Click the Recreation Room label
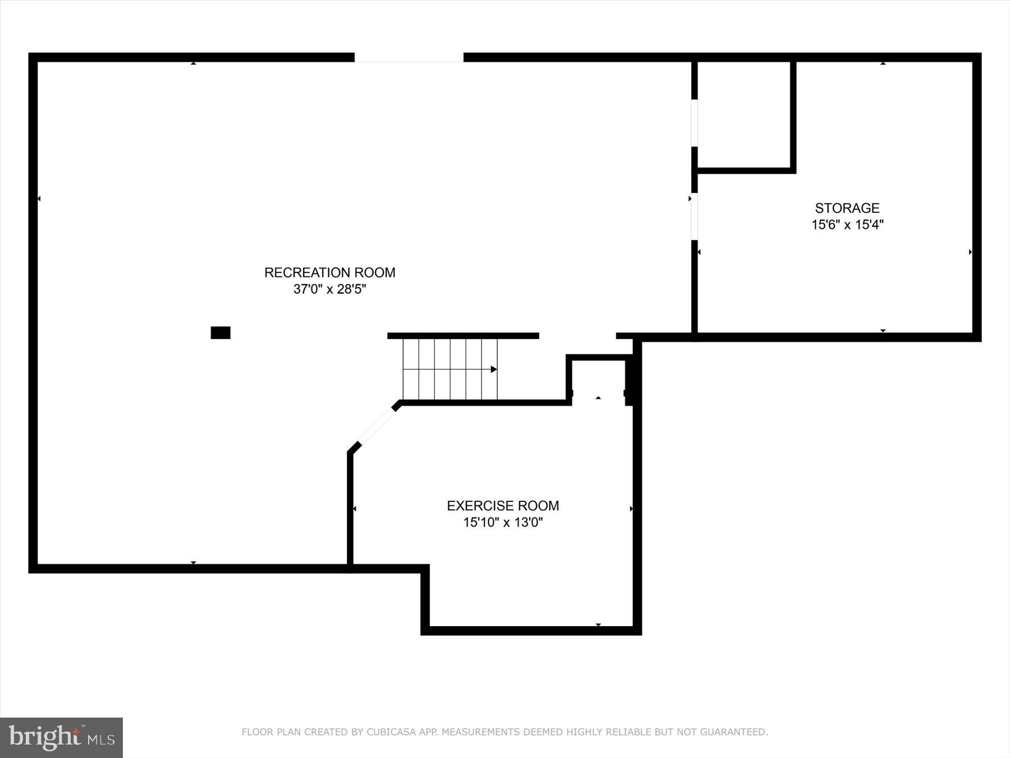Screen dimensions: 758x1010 coord(329,273)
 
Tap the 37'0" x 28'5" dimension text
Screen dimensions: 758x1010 coord(329,290)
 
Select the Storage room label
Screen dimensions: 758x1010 coord(847,208)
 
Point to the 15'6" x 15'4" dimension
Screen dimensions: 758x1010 coord(847,225)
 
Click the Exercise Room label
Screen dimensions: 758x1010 coord(503,506)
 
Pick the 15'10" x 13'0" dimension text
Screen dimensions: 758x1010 coord(503,523)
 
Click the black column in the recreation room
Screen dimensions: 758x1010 coord(221,333)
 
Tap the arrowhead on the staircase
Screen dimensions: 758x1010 coord(493,369)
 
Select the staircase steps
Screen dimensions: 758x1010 coord(449,369)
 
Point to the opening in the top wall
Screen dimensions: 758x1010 coord(409,58)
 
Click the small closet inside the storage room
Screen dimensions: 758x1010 coord(744,115)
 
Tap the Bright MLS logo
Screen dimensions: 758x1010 coord(61,737)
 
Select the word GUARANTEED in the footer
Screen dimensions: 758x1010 coord(735,732)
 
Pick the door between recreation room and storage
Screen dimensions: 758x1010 coord(694,216)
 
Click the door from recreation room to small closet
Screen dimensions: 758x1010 coord(694,123)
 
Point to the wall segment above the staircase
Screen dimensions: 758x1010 coord(463,336)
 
